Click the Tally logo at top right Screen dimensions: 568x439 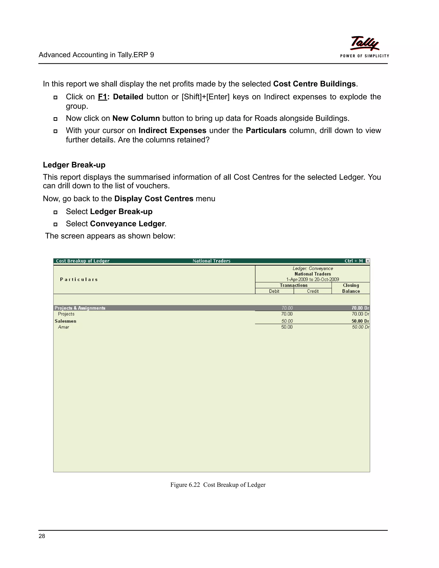(x=364, y=44)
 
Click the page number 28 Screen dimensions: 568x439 (x=42, y=536)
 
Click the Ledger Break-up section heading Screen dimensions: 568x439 (x=74, y=165)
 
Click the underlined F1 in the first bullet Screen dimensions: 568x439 (x=102, y=97)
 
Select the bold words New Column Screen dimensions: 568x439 (x=136, y=118)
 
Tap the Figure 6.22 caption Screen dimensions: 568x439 (x=218, y=485)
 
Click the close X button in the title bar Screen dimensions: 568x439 (x=367, y=261)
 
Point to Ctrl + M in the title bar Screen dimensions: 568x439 (x=353, y=261)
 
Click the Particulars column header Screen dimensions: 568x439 (x=79, y=279)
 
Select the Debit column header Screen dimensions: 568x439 (x=274, y=291)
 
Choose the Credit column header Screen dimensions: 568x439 (x=313, y=291)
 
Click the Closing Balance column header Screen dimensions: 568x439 (x=351, y=288)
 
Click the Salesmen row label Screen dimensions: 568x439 (x=66, y=321)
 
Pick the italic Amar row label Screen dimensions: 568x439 (x=63, y=327)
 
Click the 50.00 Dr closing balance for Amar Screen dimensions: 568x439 (x=361, y=327)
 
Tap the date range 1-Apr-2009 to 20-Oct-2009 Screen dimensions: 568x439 (x=313, y=279)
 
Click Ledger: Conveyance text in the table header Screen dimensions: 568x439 (x=313, y=268)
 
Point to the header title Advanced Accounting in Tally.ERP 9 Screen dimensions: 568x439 (x=96, y=55)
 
